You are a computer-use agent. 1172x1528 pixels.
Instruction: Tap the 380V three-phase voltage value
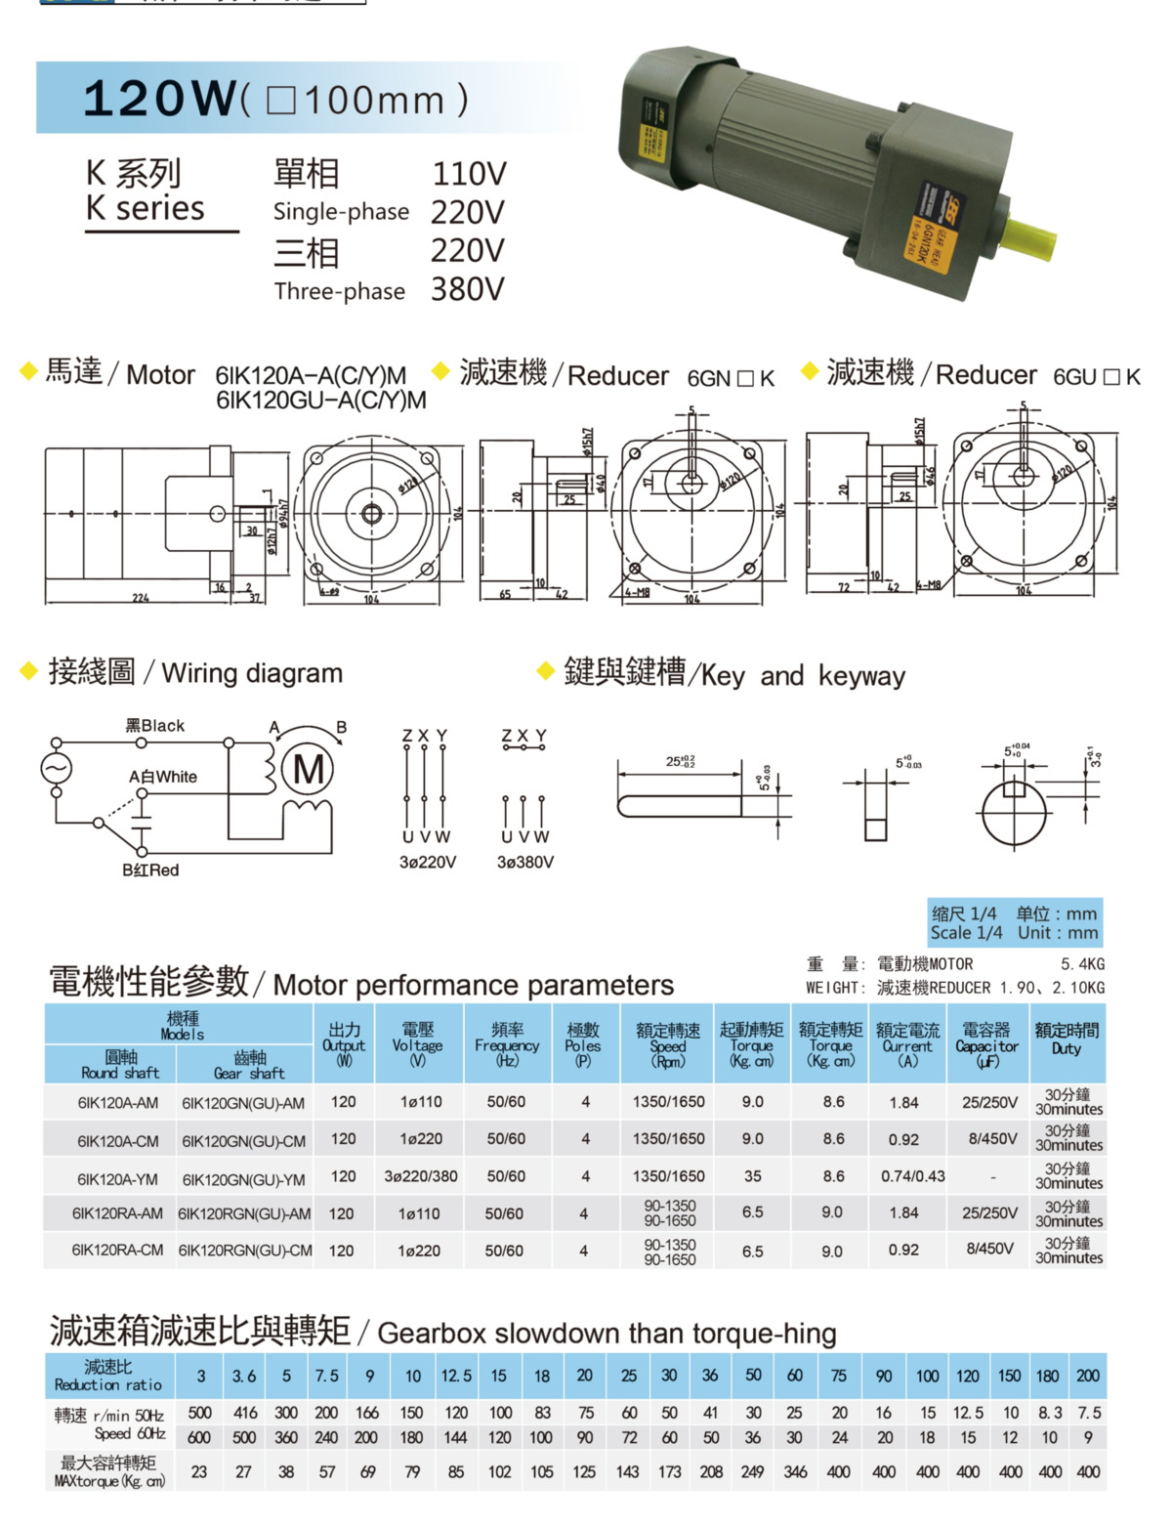coord(467,289)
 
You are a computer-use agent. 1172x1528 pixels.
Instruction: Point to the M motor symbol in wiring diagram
coord(309,770)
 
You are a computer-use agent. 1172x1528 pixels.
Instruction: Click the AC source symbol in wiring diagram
coord(56,769)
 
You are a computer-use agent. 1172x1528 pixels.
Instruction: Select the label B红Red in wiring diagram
coord(150,870)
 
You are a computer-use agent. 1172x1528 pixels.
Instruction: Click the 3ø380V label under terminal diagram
coord(524,862)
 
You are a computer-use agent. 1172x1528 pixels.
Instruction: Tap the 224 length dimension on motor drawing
coord(141,598)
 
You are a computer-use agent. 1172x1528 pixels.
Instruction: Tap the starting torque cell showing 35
coord(752,1176)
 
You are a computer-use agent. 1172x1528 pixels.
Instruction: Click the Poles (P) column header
coord(583,1044)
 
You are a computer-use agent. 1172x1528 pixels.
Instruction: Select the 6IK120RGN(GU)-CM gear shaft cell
coord(245,1251)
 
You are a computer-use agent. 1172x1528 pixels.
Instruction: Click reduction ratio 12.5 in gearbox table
coord(455,1376)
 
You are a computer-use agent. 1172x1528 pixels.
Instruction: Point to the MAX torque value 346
coord(795,1471)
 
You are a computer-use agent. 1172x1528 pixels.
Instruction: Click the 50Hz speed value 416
coord(245,1413)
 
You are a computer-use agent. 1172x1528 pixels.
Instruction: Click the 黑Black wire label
coord(154,726)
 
